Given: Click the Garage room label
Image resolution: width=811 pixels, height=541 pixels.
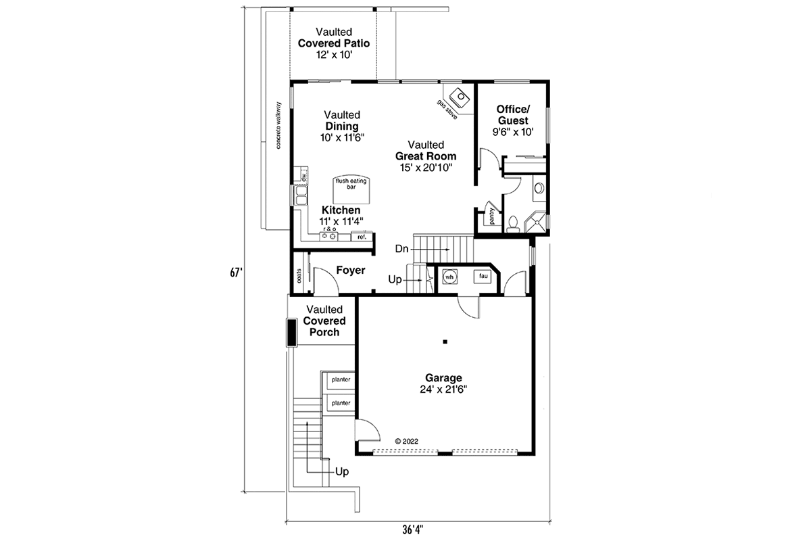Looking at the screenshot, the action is [x=443, y=378].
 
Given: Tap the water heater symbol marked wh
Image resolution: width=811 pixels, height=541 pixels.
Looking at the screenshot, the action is [x=449, y=277].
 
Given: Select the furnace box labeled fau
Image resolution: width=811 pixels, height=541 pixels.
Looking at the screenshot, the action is [x=483, y=277].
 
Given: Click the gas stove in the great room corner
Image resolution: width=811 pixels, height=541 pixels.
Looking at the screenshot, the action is [x=460, y=97].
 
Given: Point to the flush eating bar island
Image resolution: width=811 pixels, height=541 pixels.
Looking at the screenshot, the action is [x=351, y=190].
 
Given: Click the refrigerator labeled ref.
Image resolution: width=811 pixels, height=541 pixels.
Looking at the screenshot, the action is [x=362, y=237].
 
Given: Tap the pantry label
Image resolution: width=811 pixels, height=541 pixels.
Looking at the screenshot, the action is [x=492, y=216].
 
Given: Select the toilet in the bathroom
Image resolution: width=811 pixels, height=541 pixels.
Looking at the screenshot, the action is [x=513, y=224].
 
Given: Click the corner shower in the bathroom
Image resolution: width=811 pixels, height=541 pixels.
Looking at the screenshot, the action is [x=535, y=222].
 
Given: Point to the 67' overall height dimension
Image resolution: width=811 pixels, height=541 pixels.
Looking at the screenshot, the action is [x=236, y=273].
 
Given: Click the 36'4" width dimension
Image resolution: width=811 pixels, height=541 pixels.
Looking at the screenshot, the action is [x=413, y=530].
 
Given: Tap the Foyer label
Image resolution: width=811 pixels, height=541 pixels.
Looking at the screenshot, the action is [x=351, y=270].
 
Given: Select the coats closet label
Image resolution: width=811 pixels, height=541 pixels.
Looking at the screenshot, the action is [x=299, y=275].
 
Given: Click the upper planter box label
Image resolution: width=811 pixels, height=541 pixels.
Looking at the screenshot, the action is [x=341, y=380].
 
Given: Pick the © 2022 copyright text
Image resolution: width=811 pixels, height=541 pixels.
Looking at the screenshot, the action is [x=406, y=442].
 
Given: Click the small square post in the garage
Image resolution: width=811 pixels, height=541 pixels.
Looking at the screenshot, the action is [x=445, y=342].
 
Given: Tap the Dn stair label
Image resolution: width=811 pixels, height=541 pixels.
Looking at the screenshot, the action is [x=401, y=249].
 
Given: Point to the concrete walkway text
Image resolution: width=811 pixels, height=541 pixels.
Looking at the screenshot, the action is [x=278, y=125].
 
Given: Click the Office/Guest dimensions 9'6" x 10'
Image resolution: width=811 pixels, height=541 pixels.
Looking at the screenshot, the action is [x=513, y=132].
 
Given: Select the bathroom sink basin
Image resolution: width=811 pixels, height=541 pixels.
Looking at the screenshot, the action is [x=539, y=188].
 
